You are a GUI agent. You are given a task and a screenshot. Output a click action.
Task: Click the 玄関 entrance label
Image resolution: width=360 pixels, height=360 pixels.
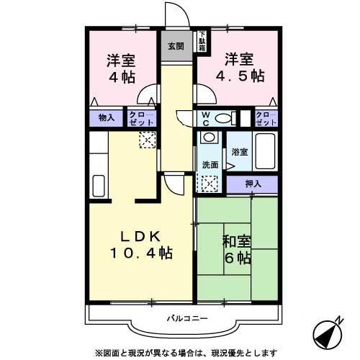click(176, 46)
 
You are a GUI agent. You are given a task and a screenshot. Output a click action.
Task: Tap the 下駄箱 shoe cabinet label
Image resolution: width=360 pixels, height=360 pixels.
click(202, 40)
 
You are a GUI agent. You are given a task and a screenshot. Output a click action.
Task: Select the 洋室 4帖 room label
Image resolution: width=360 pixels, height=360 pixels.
click(122, 68)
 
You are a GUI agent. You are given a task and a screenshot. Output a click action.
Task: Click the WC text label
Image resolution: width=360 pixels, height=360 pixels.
click(205, 118)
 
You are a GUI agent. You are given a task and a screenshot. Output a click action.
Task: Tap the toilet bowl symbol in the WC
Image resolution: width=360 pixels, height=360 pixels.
click(225, 118)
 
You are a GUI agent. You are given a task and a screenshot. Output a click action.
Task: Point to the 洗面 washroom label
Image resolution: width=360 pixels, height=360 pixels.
click(210, 164)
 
